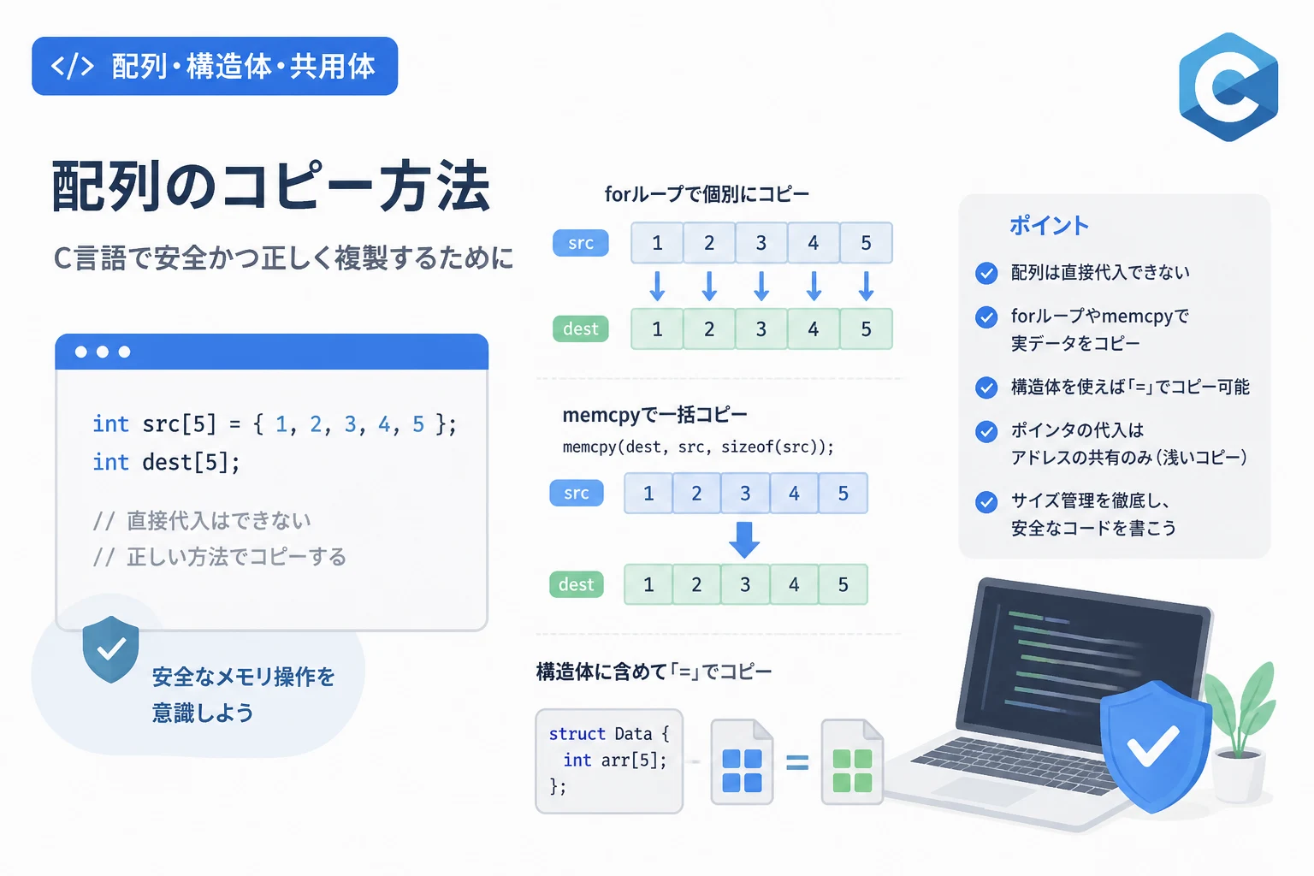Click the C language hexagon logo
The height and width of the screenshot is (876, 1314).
[1228, 87]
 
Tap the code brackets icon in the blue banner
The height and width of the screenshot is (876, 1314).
[72, 67]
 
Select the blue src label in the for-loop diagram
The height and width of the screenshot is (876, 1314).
[580, 243]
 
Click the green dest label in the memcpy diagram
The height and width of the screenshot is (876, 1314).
[576, 584]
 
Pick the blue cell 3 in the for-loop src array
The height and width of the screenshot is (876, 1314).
[761, 243]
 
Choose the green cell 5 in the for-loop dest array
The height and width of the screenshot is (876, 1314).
[866, 329]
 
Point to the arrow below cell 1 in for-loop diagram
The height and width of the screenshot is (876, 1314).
[657, 286]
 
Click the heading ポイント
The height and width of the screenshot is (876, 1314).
[1049, 225]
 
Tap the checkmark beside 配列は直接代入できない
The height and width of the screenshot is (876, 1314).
[986, 274]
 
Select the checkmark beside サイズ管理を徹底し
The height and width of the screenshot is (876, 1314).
[986, 501]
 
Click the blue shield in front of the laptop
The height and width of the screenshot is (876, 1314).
[1155, 746]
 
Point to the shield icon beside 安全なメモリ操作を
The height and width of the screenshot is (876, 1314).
[110, 649]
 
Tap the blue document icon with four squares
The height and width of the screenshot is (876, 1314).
[742, 761]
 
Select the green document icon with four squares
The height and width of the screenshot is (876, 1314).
[852, 761]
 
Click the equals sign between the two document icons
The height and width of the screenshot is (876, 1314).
[797, 762]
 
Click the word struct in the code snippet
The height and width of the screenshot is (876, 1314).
[577, 734]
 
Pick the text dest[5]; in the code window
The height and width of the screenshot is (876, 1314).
[192, 462]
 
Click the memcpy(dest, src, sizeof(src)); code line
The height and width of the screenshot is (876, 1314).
[698, 447]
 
